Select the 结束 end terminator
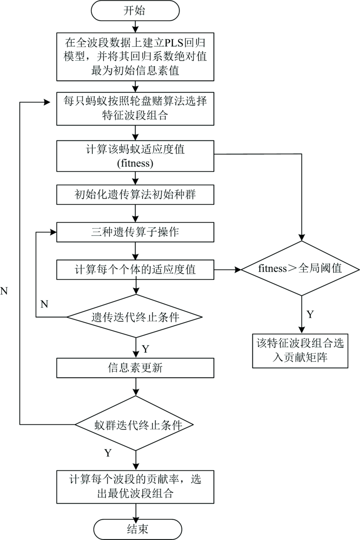(135, 529)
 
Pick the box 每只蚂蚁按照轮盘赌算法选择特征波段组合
(135, 108)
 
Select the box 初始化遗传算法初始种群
(135, 195)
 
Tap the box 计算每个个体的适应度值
(135, 270)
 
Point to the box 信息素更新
(135, 369)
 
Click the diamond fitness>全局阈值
(300, 270)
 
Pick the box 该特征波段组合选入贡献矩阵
(300, 349)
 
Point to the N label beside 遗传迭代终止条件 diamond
(44, 304)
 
